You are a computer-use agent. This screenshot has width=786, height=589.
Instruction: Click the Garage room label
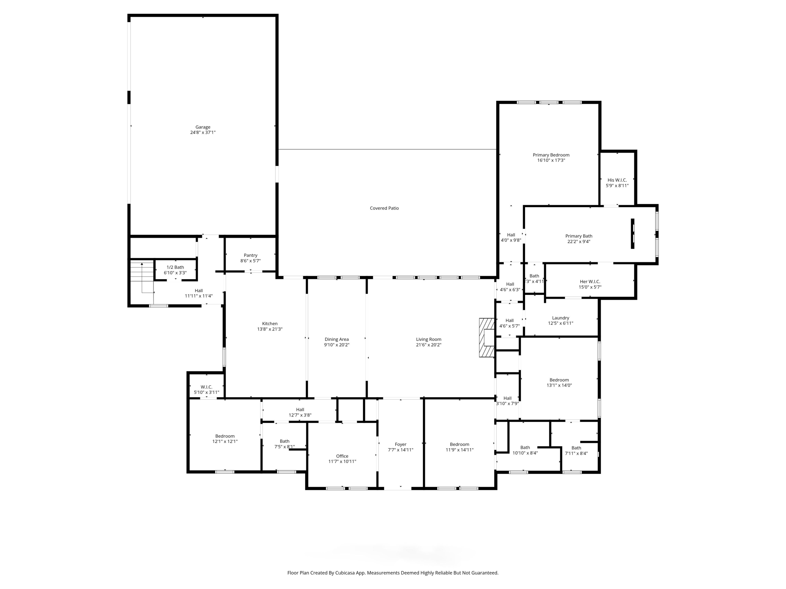coord(203,127)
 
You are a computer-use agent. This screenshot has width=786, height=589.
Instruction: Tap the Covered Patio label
coord(384,208)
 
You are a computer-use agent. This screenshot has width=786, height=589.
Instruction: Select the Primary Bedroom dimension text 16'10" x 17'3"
coord(551,160)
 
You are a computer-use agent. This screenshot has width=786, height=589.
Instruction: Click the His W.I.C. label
coord(617,180)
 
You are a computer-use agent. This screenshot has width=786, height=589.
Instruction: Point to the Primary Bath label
coord(579,236)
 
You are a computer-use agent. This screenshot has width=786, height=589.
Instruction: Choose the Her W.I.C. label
coord(590,281)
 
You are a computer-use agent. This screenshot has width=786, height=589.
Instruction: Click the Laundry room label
coord(560,318)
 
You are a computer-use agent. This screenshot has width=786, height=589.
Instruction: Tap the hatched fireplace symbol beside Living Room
coord(487,337)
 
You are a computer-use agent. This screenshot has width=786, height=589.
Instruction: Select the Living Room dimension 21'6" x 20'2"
coord(429,345)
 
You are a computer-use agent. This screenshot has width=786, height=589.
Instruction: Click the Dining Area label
coord(337,339)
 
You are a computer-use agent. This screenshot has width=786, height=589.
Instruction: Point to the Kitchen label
coord(270,324)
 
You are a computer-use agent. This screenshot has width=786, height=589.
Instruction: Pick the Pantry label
coord(251,255)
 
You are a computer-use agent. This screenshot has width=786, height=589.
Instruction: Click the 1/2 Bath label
coord(175,267)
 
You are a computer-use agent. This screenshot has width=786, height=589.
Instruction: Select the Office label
coord(342,456)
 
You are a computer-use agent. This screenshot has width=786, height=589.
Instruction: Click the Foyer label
coord(401,444)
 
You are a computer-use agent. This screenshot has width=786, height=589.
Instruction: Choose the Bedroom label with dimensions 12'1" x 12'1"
coord(225,436)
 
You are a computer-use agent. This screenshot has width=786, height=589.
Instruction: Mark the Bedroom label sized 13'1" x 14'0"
coord(559,380)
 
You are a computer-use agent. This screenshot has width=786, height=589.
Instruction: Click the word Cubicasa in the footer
coord(344,573)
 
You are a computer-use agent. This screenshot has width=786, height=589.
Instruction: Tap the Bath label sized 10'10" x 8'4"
coord(525,448)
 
